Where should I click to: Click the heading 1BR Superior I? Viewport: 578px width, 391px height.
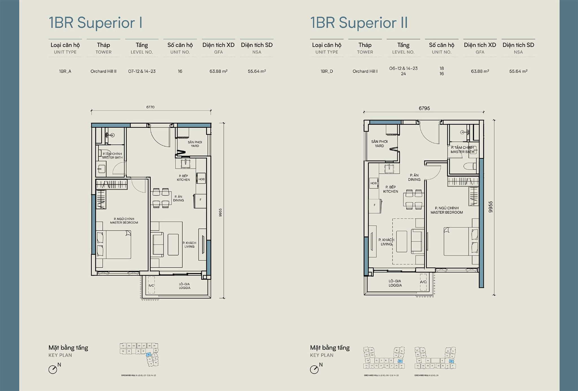coord(95,23)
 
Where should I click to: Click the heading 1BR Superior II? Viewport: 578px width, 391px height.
coord(359,23)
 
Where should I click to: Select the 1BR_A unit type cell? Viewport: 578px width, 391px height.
coord(65,71)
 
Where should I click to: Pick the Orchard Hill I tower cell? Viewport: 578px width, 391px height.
coord(365,71)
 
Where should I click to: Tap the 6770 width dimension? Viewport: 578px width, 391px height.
coord(150,107)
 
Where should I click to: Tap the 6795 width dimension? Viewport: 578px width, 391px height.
coord(424,108)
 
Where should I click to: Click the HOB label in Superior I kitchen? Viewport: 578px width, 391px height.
coord(201,179)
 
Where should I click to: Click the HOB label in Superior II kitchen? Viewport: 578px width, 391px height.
coord(373,183)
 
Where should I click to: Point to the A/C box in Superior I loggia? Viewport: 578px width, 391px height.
coord(151,286)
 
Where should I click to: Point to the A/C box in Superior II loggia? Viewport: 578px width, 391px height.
coord(423,282)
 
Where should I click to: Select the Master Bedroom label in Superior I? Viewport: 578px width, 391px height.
coord(124,221)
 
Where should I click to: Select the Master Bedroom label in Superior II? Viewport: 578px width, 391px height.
coord(446,210)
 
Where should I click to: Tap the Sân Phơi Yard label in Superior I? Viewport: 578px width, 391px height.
coord(195,144)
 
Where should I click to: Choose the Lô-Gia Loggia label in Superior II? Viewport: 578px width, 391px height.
coord(395,283)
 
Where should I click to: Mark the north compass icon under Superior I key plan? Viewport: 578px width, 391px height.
coord(53,370)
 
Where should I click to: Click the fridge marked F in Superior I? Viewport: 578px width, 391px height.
coord(201,200)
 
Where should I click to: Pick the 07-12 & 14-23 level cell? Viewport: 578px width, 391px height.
coord(142,71)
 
